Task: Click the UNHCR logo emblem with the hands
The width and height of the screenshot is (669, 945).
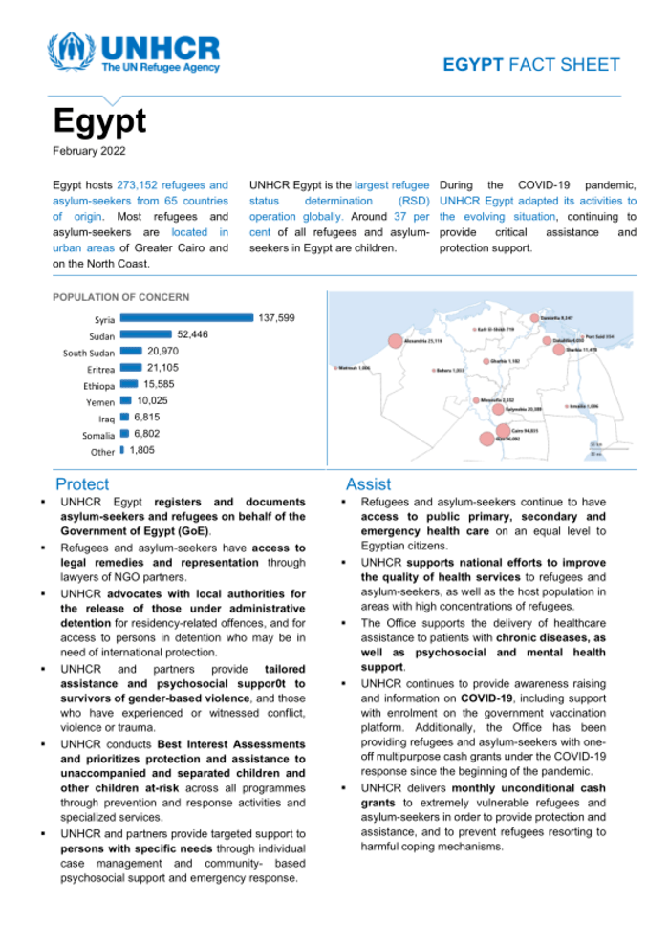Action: coord(72,54)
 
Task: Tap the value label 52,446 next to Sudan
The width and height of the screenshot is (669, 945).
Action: coord(192,335)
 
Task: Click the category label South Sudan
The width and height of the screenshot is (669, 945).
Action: coord(88,353)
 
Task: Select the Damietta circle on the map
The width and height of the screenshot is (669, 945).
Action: coord(534,317)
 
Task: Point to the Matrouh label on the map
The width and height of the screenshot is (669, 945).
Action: coord(356,368)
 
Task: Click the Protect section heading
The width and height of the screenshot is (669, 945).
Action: coord(82,484)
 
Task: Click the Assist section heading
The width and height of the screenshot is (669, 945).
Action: coord(368,484)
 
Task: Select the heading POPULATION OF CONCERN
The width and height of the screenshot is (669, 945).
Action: coord(121,297)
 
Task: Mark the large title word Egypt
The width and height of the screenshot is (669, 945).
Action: coord(99,122)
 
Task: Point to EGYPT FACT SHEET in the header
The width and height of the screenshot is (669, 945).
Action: coord(531,65)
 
